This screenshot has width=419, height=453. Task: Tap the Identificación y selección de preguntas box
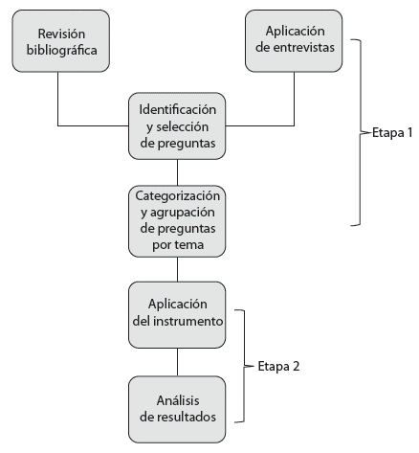click(x=178, y=125)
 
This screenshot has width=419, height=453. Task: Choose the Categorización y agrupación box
click(x=178, y=220)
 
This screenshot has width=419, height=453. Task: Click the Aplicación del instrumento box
click(x=178, y=314)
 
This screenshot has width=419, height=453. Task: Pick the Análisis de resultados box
click(x=178, y=409)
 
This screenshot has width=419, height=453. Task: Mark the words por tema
click(x=178, y=245)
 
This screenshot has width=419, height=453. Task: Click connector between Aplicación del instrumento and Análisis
click(x=178, y=362)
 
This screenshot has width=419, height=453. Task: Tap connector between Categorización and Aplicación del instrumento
click(x=178, y=269)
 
